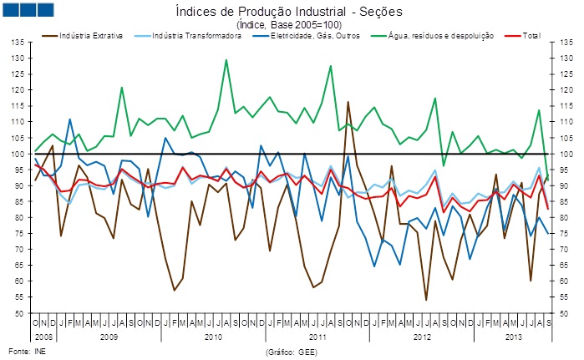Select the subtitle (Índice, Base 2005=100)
pyautogui.click(x=289, y=24)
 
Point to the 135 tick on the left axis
pyautogui.click(x=19, y=43)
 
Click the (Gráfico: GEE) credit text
pyautogui.click(x=290, y=352)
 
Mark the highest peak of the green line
pyautogui.click(x=226, y=60)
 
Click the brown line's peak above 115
pyautogui.click(x=348, y=102)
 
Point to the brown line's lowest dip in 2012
pyautogui.click(x=426, y=299)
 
